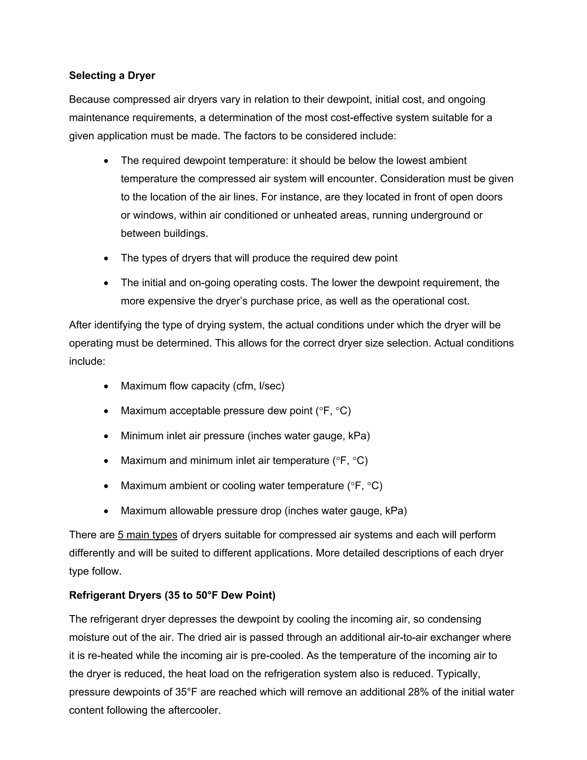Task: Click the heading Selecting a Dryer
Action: [112, 75]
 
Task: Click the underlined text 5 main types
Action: [147, 535]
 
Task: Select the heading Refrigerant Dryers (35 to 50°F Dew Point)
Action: [172, 595]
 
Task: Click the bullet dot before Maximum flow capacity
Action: [106, 386]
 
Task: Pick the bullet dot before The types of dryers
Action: [106, 258]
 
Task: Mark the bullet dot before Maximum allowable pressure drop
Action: [106, 511]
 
